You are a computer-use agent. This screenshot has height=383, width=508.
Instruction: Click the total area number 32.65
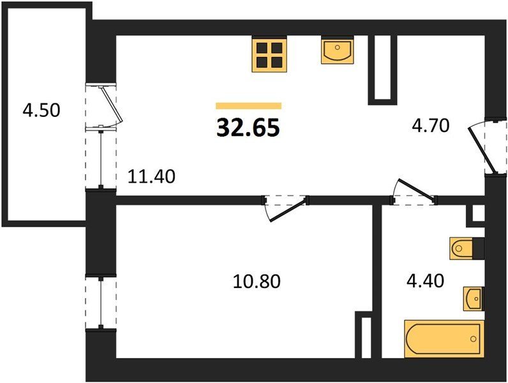[x=248, y=127]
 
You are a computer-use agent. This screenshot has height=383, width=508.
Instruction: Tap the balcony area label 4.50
[x=41, y=110]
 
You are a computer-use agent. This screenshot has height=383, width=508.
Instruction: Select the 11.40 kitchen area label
[x=151, y=177]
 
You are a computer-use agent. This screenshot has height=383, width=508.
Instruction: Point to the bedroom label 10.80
[x=257, y=281]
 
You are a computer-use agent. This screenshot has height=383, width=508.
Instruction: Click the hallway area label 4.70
[x=431, y=125]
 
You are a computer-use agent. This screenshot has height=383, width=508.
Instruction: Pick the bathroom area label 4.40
[x=426, y=281]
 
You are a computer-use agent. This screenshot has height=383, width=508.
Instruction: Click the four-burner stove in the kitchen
[x=269, y=54]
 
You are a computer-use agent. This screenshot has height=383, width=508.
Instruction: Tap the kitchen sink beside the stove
[x=337, y=50]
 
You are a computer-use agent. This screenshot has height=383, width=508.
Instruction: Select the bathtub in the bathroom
[x=444, y=338]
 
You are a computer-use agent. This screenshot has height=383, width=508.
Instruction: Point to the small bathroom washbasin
[x=474, y=299]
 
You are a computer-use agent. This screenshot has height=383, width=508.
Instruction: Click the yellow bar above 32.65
[x=248, y=105]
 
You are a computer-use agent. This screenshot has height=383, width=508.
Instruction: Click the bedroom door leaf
[x=287, y=211]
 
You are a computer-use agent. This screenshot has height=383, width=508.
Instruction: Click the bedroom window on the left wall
[x=101, y=303]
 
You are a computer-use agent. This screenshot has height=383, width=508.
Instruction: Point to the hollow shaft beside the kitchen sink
[x=382, y=70]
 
